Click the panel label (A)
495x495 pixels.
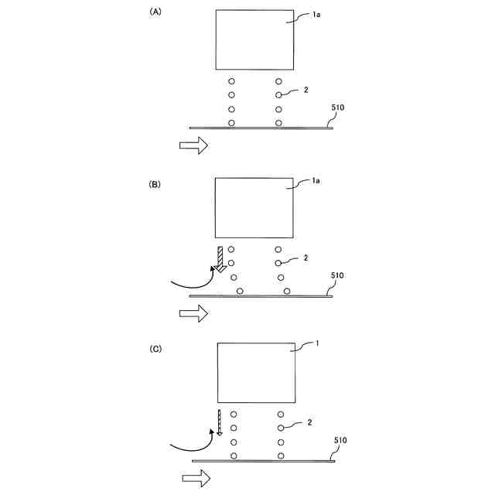point(155,13)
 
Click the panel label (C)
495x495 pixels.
point(155,349)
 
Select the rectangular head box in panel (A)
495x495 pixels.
point(254,39)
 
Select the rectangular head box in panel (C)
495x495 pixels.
point(258,373)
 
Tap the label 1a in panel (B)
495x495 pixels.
point(316,182)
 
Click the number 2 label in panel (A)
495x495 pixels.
point(306,90)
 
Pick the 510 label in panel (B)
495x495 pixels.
point(338,276)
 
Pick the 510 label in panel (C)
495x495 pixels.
point(340,440)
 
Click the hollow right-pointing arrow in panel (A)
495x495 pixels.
point(193,145)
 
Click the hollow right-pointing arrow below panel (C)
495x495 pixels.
point(196,479)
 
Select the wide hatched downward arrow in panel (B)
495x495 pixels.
point(222,261)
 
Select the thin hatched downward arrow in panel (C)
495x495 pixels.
point(220,425)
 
